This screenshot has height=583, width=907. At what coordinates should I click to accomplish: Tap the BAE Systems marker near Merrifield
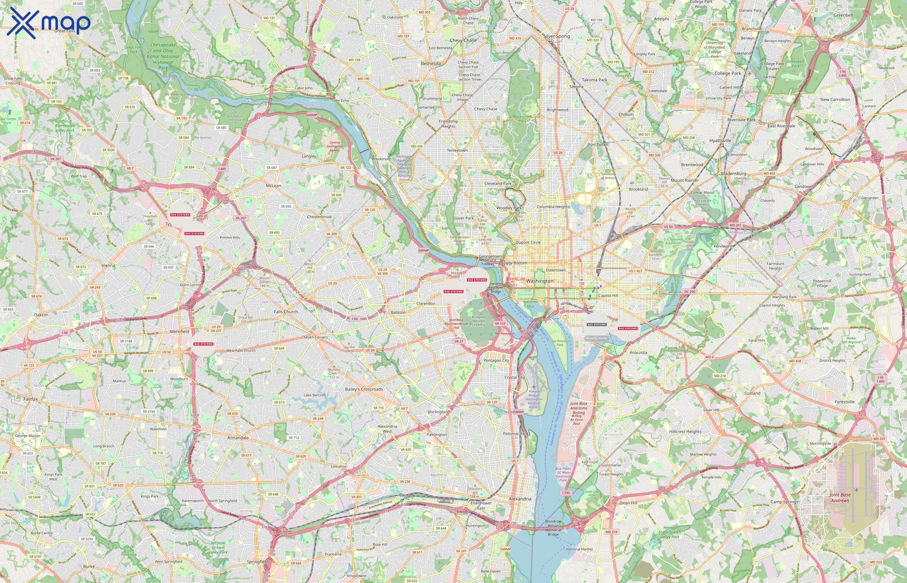(x=203, y=344)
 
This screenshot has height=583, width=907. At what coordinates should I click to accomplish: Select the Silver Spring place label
(x=557, y=36)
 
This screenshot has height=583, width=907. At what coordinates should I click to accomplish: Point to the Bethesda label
(x=431, y=63)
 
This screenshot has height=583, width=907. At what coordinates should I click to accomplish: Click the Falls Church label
(x=286, y=312)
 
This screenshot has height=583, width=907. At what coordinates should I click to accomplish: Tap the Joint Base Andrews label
(x=840, y=497)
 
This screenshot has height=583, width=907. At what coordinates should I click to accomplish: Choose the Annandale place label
(x=238, y=438)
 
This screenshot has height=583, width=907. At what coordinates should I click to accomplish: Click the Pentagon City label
(x=496, y=360)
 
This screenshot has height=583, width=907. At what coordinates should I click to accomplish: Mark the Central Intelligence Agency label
(x=335, y=146)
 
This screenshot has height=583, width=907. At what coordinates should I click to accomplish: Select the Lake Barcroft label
(x=315, y=395)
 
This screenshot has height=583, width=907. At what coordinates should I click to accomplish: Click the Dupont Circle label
(x=528, y=242)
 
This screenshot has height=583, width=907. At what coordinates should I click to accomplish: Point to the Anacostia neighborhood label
(x=638, y=352)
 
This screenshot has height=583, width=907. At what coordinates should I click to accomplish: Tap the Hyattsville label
(x=720, y=141)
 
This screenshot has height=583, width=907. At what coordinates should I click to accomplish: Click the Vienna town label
(x=108, y=265)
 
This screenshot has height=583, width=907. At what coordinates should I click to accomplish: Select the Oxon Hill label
(x=628, y=503)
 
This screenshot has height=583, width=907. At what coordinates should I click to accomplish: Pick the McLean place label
(x=273, y=186)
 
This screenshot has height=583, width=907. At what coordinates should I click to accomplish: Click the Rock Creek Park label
(x=522, y=119)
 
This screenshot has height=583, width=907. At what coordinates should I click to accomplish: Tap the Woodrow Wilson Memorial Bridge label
(x=553, y=528)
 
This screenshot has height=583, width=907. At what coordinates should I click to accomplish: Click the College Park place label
(x=728, y=74)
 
